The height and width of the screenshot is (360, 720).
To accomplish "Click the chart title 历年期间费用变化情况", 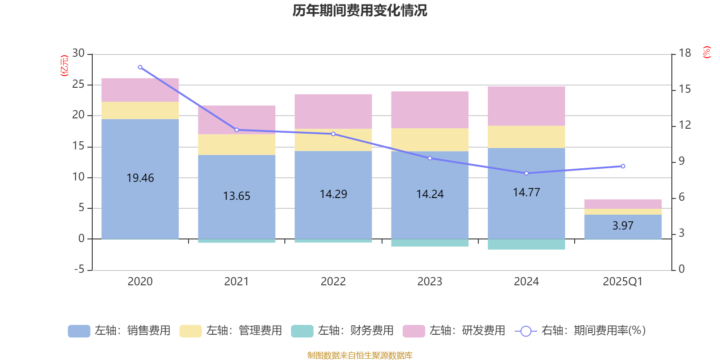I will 360,10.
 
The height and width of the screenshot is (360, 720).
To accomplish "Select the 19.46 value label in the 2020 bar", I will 140,178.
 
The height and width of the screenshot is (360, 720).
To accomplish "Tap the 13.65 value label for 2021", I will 237,196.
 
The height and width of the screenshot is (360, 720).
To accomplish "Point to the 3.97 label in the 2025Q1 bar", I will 623,226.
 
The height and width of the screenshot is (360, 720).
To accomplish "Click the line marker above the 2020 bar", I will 140,67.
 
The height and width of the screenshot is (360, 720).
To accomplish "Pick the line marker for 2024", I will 526,173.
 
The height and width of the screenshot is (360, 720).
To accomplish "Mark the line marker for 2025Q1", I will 623,166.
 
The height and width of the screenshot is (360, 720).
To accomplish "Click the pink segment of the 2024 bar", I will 526,106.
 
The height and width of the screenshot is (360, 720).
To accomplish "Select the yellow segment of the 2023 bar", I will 430,140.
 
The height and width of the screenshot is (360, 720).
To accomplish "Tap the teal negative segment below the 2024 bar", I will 526,244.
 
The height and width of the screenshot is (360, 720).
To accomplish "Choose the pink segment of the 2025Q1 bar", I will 623,204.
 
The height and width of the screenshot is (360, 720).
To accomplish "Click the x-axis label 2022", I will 333,282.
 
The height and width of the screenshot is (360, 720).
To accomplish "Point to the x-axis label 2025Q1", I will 622,282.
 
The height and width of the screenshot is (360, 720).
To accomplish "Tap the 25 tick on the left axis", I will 78,85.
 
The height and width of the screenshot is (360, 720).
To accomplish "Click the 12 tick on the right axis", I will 684,125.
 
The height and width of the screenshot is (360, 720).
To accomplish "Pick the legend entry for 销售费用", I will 119,331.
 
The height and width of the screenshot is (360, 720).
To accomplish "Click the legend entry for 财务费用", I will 342,331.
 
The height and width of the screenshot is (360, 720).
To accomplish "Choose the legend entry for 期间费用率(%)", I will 580,331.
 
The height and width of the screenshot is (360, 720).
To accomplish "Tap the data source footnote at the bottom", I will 360,355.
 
